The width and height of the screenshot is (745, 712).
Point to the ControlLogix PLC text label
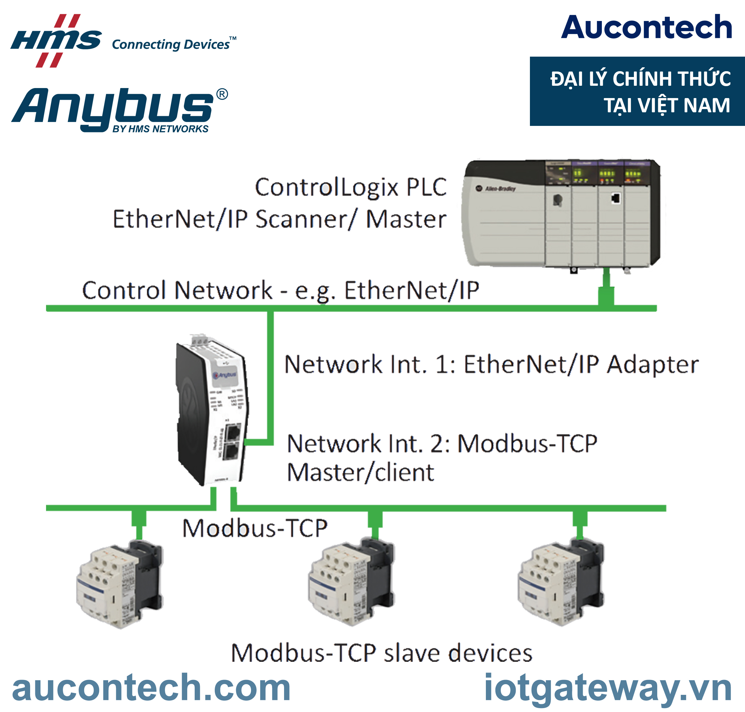pyautogui.click(x=350, y=187)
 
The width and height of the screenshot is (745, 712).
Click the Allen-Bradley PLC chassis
pyautogui.click(x=562, y=214)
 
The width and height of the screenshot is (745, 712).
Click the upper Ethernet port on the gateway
pyautogui.click(x=233, y=433)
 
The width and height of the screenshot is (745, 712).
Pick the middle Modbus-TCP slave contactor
pyautogui.click(x=351, y=583)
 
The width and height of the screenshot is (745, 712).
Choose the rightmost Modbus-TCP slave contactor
pyautogui.click(x=561, y=583)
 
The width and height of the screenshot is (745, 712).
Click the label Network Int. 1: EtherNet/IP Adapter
pyautogui.click(x=491, y=364)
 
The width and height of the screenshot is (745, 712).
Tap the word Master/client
pyautogui.click(x=360, y=473)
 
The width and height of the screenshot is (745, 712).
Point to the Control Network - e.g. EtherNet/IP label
pyautogui.click(x=281, y=291)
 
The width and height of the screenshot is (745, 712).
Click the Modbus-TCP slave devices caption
pyautogui.click(x=382, y=653)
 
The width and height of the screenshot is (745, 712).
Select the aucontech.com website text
pyautogui.click(x=151, y=688)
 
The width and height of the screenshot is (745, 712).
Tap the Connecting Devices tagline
pyautogui.click(x=171, y=44)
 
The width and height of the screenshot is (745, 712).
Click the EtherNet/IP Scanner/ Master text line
pyautogui.click(x=280, y=219)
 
